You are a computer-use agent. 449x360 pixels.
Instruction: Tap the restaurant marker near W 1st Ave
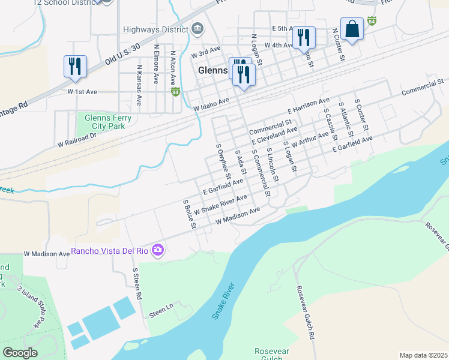pos(75,66)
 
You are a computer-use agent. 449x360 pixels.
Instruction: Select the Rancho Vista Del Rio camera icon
pos(158,250)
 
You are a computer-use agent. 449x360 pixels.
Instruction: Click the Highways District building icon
pos(197,29)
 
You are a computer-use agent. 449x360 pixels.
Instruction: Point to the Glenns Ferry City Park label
pos(109,122)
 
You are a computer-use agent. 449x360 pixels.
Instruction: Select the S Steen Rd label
pos(137,284)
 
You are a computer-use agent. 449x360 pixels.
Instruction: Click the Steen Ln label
pos(161,311)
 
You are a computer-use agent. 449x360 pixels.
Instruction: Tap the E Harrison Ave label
pos(309,106)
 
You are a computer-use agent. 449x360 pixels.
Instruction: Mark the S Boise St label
pos(189,214)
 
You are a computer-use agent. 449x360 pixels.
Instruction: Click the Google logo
pos(20,353)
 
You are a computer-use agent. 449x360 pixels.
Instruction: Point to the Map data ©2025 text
pos(423,355)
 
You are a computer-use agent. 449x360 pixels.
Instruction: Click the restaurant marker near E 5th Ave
pos(304,38)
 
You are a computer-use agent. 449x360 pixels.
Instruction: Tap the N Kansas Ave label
pos(139,85)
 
